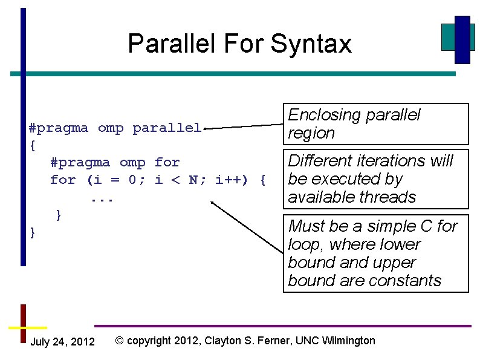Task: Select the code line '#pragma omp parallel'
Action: coord(115,128)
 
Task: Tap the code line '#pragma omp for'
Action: coord(115,163)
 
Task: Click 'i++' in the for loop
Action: coord(229,180)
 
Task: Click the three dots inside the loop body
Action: coord(102,198)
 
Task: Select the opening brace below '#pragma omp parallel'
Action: coord(33,146)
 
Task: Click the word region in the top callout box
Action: coord(311,134)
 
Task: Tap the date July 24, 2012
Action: coord(62,342)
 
